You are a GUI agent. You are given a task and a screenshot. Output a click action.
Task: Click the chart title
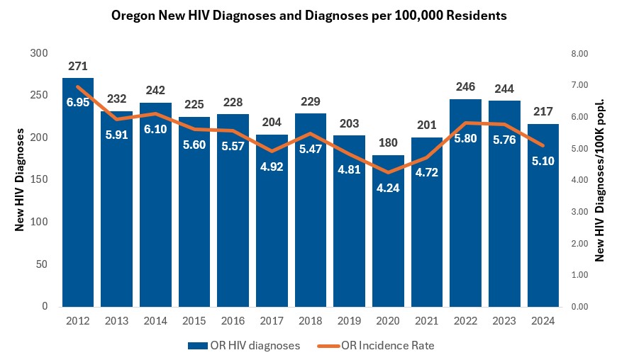tap(309, 16)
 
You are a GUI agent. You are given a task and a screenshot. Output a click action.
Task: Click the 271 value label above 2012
tap(78, 67)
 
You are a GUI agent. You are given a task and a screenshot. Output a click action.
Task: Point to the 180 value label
tap(389, 144)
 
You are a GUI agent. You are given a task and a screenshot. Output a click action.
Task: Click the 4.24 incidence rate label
tap(389, 189)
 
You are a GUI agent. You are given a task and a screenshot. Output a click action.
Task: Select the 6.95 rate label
tap(78, 103)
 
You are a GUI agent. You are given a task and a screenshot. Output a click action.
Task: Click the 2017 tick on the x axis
tap(272, 321)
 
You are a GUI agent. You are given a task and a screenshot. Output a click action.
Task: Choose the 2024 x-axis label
tap(543, 321)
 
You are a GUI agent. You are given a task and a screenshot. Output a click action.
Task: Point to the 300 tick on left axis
tap(39, 53)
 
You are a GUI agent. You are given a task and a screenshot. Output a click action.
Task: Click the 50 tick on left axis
tap(42, 264)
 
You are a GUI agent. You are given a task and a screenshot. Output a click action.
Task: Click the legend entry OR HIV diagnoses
tap(244, 346)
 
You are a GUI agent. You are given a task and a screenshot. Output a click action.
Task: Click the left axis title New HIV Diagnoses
tap(21, 180)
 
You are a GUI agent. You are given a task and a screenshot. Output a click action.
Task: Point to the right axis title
tap(599, 180)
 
